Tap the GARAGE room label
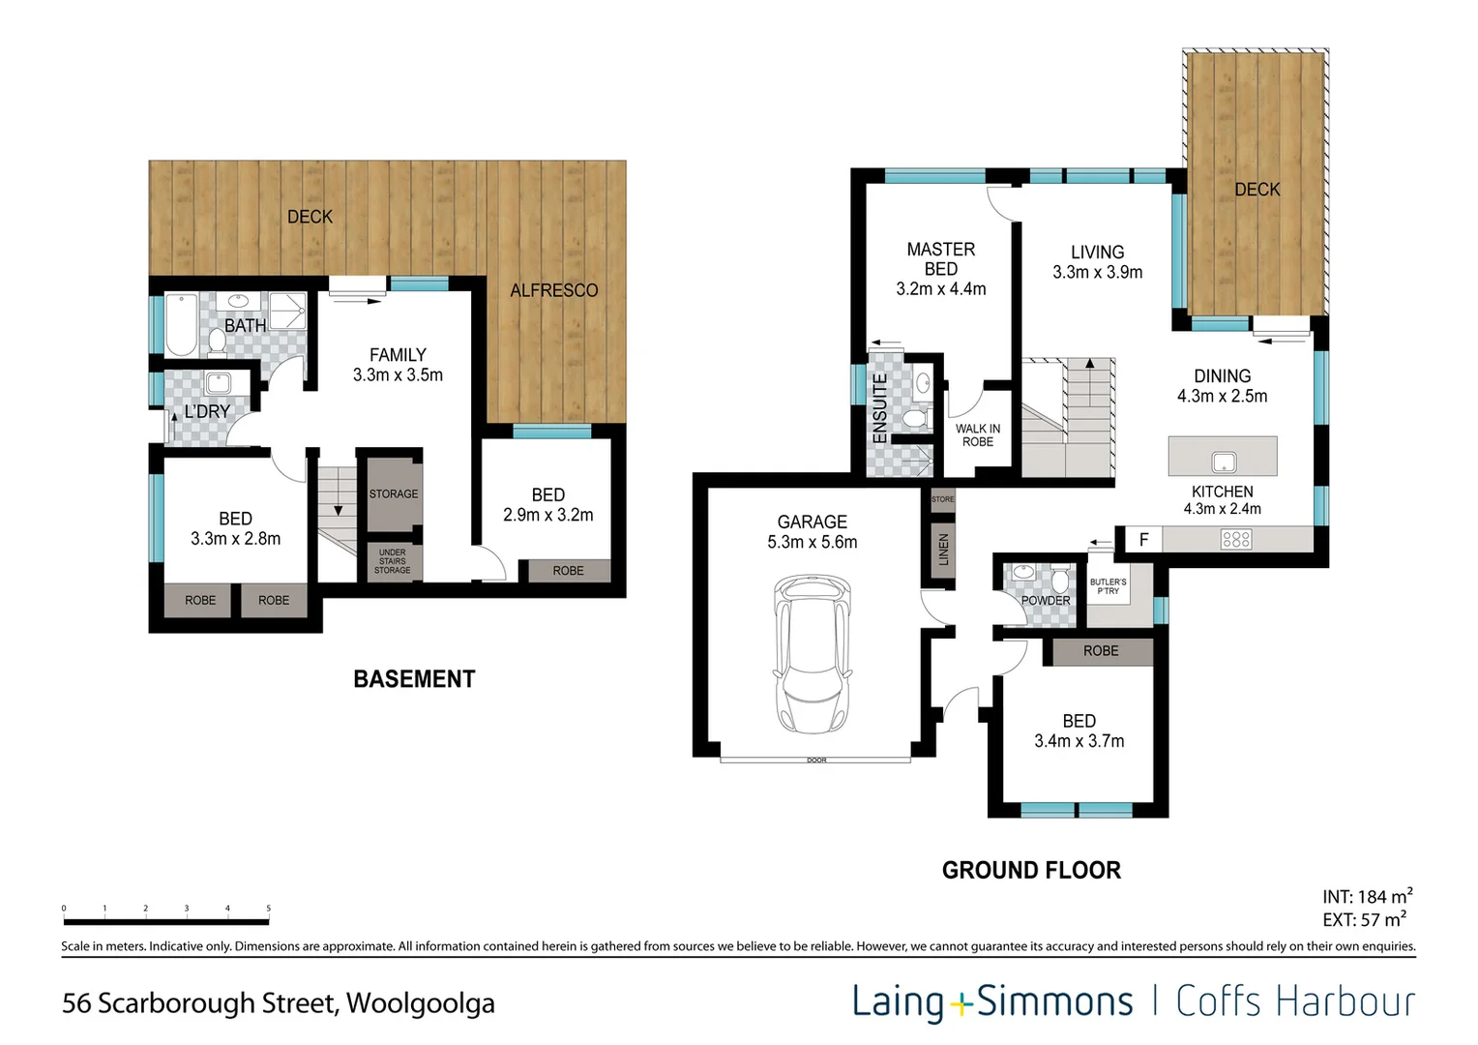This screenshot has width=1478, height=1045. [x=812, y=522]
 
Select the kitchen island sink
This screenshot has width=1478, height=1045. [x=1224, y=462]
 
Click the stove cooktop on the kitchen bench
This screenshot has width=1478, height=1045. [x=1236, y=539]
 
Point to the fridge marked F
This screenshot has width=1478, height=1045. [x=1143, y=539]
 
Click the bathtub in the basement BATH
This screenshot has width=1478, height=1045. [x=181, y=325]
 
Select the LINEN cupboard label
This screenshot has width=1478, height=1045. [x=943, y=550]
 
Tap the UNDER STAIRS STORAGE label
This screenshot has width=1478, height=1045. [x=393, y=561]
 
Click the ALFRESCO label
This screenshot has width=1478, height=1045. [x=553, y=290]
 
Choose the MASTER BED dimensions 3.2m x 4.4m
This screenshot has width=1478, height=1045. [x=940, y=289]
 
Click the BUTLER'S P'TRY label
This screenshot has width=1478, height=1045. [x=1108, y=586]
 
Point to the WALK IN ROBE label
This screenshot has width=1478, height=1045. [x=977, y=435]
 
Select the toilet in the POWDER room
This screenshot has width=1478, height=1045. [x=1060, y=581]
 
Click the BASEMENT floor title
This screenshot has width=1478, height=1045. [x=414, y=679]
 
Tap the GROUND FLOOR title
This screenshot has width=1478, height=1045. [x=1031, y=870]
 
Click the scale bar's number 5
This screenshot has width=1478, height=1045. [x=268, y=909]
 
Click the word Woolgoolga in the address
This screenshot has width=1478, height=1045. [x=420, y=1003]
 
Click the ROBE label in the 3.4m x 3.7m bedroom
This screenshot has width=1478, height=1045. [x=1101, y=651]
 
